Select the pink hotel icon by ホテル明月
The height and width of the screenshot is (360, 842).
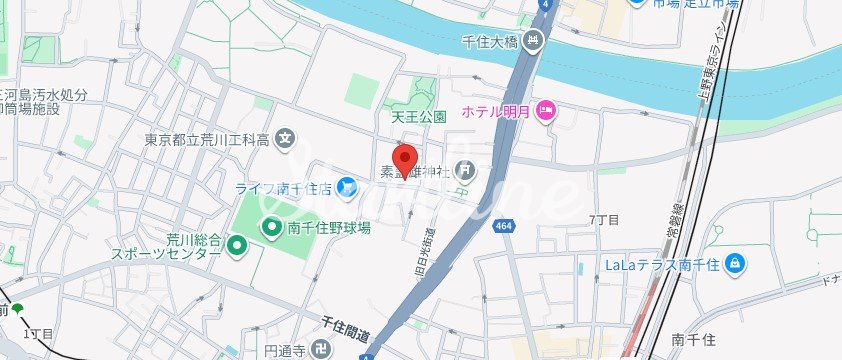click(x=546, y=110)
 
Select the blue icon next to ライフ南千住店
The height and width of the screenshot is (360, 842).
click(x=345, y=185)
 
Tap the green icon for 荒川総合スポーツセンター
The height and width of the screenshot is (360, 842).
click(x=236, y=243)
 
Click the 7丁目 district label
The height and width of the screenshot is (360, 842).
click(x=605, y=219)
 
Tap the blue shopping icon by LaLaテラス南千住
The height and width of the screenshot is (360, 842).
click(x=735, y=262)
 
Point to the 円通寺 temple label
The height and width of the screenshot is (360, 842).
click(x=284, y=351)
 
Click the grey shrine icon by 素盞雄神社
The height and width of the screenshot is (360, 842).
click(x=463, y=171)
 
